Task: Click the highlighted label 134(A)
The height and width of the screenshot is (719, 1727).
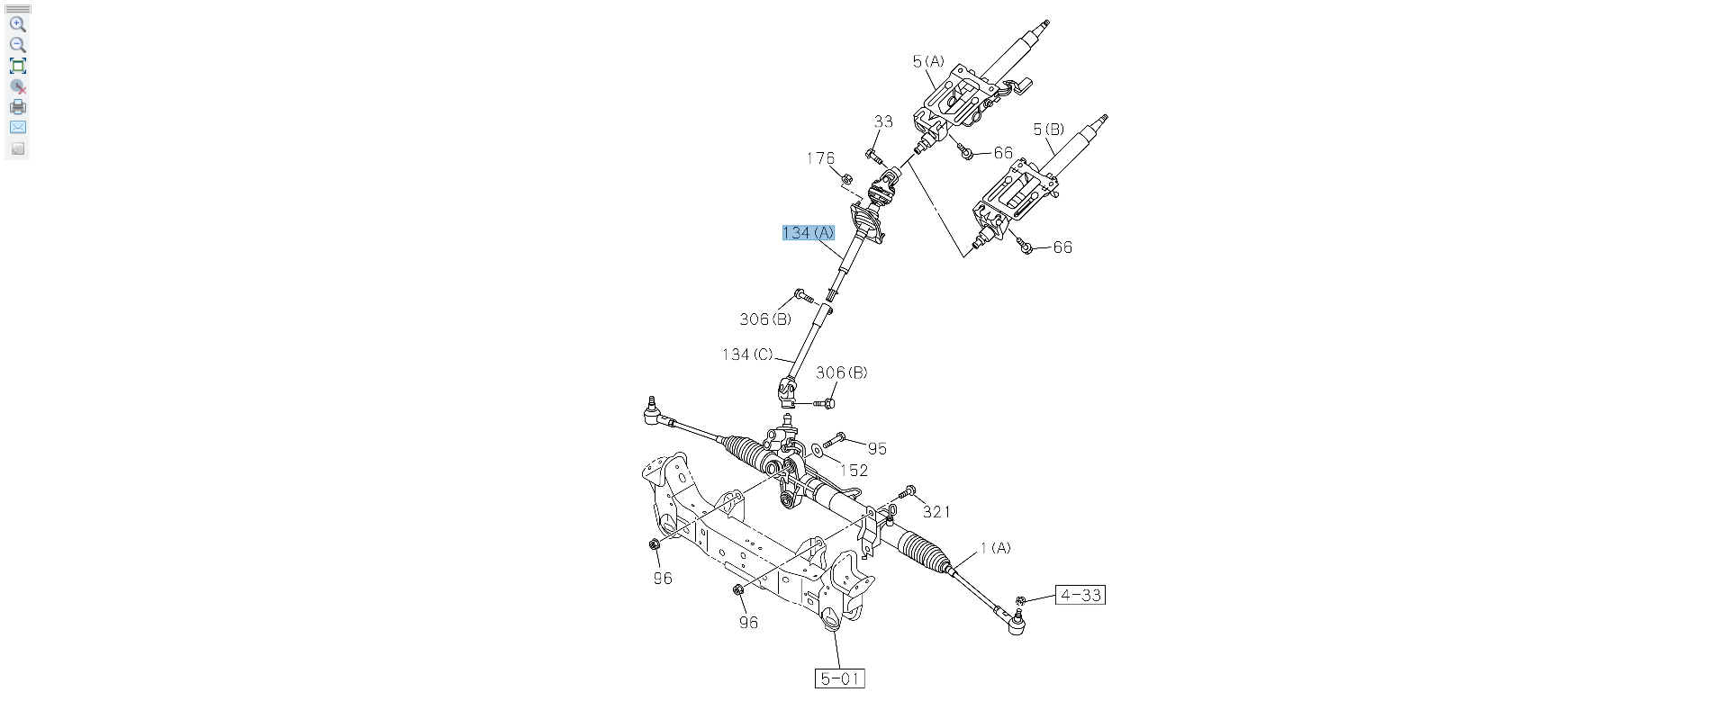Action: (x=808, y=233)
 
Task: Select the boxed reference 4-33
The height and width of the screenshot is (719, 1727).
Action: (x=1080, y=595)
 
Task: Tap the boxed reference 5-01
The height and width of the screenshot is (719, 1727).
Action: (x=839, y=679)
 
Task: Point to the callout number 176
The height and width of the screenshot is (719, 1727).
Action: (x=820, y=158)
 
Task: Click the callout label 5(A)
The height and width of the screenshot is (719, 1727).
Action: (x=928, y=61)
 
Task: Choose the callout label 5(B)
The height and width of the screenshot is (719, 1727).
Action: (x=1048, y=130)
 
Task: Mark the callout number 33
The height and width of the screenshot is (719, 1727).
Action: (x=883, y=121)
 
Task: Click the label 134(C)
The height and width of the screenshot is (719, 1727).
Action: (x=747, y=355)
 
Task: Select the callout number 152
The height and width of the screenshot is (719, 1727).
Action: (x=854, y=470)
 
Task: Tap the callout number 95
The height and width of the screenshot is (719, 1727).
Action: (x=877, y=448)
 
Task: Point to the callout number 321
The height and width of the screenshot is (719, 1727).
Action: (x=936, y=511)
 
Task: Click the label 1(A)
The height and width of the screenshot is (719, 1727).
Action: (x=995, y=547)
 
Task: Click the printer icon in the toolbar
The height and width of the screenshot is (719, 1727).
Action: (x=18, y=107)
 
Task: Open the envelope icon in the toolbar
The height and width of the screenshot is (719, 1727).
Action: (x=18, y=128)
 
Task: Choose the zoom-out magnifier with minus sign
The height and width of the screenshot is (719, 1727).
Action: (x=18, y=45)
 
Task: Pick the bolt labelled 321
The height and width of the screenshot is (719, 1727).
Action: (x=907, y=492)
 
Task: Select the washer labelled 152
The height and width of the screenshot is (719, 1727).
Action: (x=817, y=448)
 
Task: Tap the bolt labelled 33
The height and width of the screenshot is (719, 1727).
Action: (x=874, y=157)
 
